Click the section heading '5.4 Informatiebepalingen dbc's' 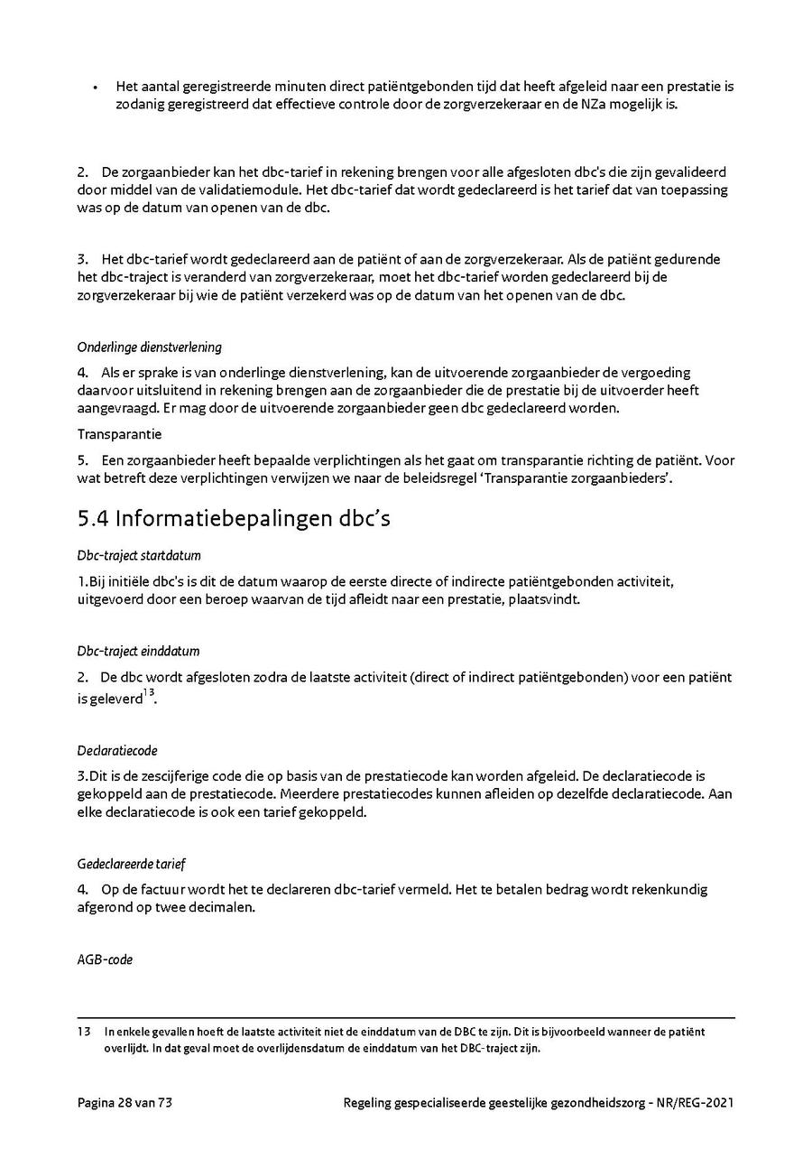234,519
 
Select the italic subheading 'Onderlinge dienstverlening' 149,347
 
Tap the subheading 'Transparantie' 119,434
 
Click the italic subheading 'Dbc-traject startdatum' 138,556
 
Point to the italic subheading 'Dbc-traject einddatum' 138,651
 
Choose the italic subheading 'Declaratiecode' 117,750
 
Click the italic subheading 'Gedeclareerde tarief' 131,864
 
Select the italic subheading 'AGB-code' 105,959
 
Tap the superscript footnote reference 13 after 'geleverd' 149,693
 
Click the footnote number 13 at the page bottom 84,1031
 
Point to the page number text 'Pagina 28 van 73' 132,1102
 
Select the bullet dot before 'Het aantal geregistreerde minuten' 95,88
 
